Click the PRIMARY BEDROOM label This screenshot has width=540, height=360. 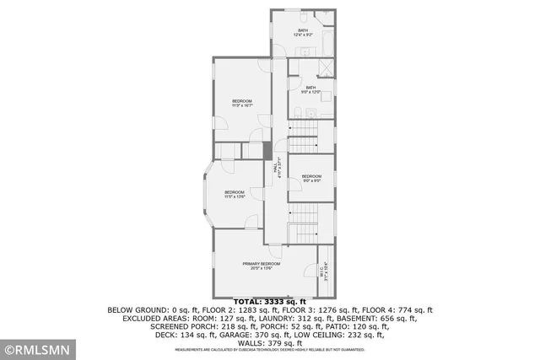[261, 264]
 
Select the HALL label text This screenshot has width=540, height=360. [275, 169]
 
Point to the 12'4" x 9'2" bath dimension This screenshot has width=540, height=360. [302, 35]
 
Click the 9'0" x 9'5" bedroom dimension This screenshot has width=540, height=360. [311, 180]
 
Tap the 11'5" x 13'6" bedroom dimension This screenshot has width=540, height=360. [234, 196]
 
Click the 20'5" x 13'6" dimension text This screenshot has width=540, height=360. [261, 269]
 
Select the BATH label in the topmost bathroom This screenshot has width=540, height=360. [302, 30]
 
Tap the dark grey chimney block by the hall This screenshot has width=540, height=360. [267, 151]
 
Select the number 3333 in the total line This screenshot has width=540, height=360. [269, 301]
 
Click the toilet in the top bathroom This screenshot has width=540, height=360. [301, 17]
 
